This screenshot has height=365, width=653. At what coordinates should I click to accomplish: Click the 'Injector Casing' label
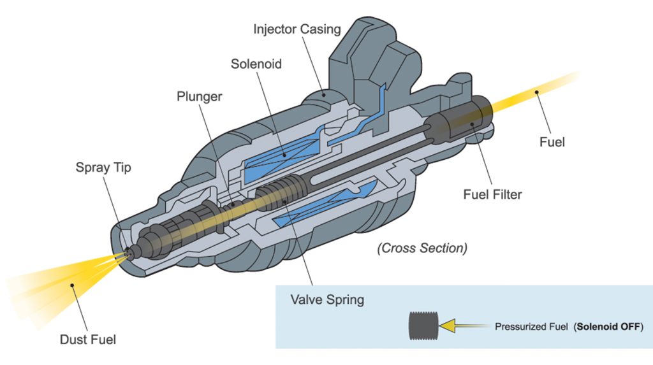pos(297,29)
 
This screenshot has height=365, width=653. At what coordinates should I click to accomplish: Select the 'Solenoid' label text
pos(256,64)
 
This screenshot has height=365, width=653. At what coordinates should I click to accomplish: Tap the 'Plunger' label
pos(199,97)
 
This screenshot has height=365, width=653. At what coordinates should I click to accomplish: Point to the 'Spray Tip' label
pos(103,168)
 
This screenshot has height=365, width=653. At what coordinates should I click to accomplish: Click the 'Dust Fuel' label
pos(88,340)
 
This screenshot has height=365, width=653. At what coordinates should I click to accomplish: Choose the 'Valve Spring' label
pos(326,299)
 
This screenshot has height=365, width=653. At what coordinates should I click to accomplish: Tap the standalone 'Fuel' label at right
pos(552,142)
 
